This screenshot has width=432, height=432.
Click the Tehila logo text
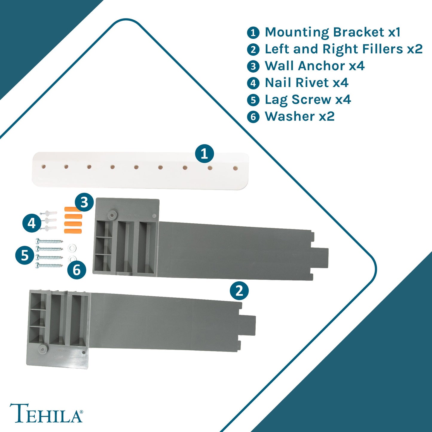[46, 413]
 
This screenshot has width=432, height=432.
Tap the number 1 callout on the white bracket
[204, 154]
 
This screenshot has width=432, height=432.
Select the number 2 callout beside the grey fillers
[239, 291]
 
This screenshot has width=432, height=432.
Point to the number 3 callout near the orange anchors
[84, 202]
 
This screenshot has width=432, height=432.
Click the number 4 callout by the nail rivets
[32, 223]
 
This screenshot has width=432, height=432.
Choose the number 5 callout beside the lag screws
[25, 256]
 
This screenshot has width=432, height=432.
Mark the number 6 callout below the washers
[77, 270]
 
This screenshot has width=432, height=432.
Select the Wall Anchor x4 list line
[315, 66]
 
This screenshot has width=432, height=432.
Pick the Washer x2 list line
[300, 117]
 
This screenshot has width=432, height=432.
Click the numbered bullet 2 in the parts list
[253, 49]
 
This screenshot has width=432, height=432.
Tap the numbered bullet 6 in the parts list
[253, 117]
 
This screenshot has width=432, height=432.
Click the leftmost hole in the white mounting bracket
[44, 166]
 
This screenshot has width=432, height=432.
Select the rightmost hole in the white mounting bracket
[236, 169]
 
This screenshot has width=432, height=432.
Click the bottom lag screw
[49, 265]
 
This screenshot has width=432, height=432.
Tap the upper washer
[72, 248]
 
